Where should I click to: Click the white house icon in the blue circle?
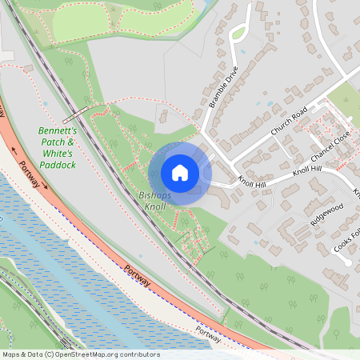point(180,173)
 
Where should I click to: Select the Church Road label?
point(289,121)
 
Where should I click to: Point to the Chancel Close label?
point(330,145)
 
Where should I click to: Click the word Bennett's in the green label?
point(58,130)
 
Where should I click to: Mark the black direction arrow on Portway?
point(14,149)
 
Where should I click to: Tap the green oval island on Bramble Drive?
point(238,34)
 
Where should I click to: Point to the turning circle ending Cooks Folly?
point(346,262)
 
